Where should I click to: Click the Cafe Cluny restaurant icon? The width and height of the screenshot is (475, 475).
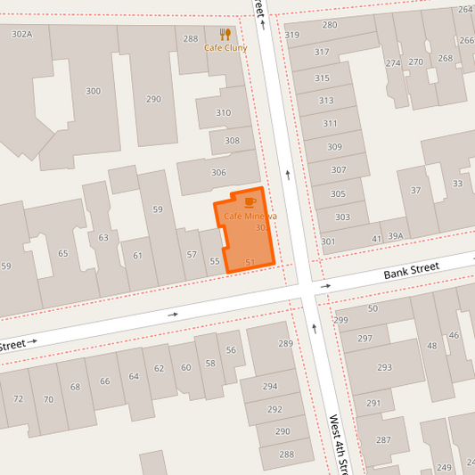[x=225, y=35]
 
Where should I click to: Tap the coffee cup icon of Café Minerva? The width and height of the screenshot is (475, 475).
[x=250, y=203]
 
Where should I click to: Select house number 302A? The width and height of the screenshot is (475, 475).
[x=21, y=34]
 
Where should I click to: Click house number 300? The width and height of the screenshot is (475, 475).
[x=93, y=91]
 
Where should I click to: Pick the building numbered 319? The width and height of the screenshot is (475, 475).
[x=292, y=36]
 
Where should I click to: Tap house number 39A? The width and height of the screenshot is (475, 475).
[x=395, y=236]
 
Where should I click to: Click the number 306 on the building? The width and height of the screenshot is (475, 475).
[x=218, y=173]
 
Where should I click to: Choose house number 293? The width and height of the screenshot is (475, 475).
[x=384, y=367]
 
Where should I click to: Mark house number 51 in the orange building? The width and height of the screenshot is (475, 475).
[x=250, y=262]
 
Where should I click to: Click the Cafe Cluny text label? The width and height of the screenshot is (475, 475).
[x=225, y=48]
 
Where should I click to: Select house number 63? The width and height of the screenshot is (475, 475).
[x=103, y=237]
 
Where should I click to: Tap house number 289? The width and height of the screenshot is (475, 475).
[x=285, y=343]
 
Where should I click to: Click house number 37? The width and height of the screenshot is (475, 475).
[x=415, y=191]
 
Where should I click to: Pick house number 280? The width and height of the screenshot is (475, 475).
[x=330, y=25]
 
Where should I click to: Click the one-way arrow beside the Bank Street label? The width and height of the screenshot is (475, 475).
[x=326, y=286]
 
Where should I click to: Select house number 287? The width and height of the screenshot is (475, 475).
[x=383, y=439]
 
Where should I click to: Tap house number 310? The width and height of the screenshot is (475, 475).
[x=223, y=113]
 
